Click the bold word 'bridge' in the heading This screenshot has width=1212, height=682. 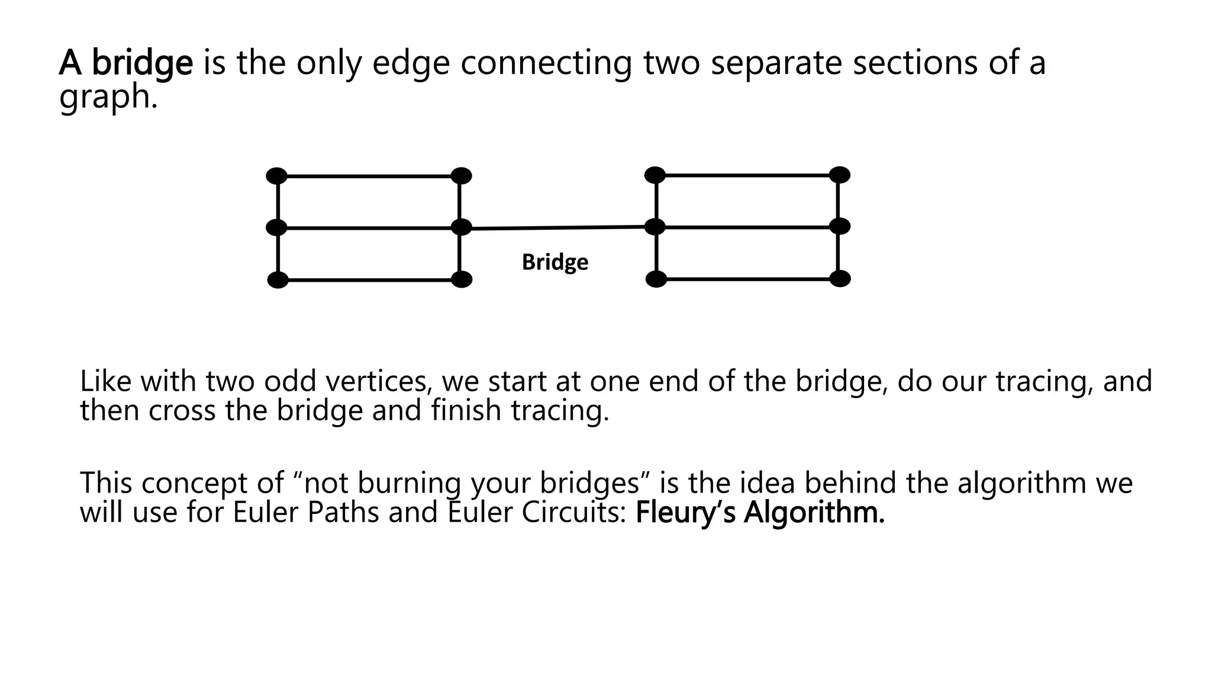point(142,63)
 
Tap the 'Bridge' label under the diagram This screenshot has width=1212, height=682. point(555,262)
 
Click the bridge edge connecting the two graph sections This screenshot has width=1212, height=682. point(556,227)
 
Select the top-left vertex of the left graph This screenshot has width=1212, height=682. point(276,176)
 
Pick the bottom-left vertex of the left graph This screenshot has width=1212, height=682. point(278,280)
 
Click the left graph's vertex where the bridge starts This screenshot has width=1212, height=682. point(461,227)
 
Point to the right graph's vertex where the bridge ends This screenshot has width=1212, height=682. point(655,227)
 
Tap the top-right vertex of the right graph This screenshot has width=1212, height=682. point(839,175)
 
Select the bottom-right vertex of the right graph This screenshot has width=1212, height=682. point(840,279)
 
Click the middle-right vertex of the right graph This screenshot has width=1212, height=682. point(839,226)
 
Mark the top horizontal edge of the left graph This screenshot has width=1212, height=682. point(368,176)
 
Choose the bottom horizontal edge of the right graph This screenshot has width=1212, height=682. point(747,279)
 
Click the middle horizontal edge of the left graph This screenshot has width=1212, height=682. point(368,228)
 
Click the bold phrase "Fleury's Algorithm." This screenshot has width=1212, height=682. point(759,513)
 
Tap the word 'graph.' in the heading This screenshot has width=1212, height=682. point(108,96)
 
